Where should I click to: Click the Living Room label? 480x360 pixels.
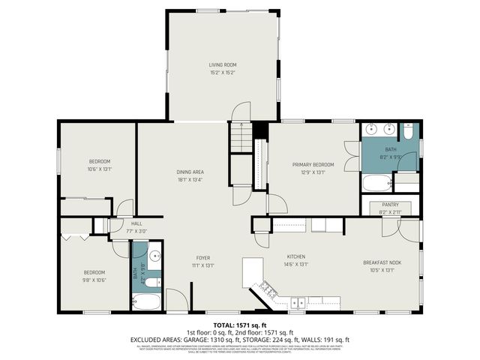pos(222,65)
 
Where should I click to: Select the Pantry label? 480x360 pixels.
pos(390,204)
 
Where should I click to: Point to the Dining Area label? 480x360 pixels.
pos(190,172)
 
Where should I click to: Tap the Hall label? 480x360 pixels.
pos(136,223)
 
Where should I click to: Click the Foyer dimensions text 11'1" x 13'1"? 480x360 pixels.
pos(204,264)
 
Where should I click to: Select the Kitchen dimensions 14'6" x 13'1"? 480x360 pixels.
pos(297,264)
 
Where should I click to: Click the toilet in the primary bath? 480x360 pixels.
pos(407,132)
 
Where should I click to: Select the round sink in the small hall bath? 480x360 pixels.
pos(155,255)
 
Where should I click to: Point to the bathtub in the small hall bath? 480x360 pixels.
pos(146,303)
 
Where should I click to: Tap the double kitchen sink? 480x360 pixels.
pos(298,304)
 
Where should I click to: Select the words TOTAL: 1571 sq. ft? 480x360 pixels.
pos(240,324)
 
